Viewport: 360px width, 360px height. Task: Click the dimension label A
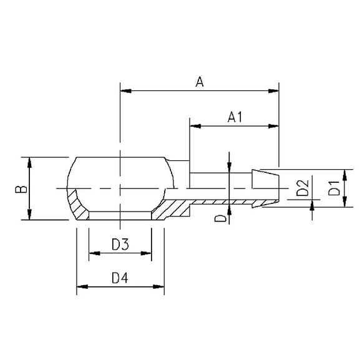point(200,82)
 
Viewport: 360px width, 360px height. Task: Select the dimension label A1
point(235,117)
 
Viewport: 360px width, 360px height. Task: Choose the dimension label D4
point(120,279)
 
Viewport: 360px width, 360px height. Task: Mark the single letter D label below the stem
point(219,218)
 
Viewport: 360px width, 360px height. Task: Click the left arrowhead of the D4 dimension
point(80,288)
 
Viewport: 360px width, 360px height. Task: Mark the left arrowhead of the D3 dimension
point(93,253)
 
